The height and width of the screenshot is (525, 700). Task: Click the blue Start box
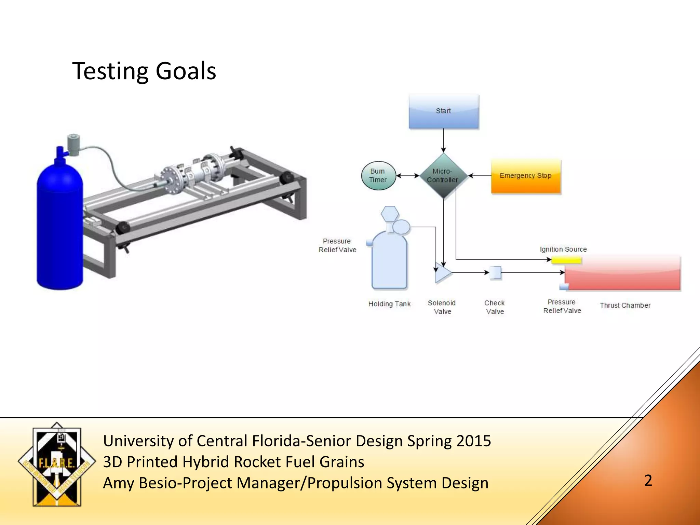coord(444,111)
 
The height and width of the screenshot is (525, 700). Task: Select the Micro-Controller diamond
coord(443,176)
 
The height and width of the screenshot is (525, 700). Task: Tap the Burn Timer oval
coord(378,176)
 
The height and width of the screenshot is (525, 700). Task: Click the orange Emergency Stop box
coord(526,176)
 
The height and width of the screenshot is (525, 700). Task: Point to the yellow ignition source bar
coord(566,260)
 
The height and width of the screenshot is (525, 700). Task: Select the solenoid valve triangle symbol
coord(442,273)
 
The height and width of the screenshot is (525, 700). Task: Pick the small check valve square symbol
coord(495,273)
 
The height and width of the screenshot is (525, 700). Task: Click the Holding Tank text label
coord(389,304)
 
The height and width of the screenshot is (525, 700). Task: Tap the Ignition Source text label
coord(563,249)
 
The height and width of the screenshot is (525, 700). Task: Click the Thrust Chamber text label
coord(625,305)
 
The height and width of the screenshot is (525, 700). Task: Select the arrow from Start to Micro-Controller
coord(443,140)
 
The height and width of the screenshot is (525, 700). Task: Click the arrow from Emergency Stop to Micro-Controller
coord(479,176)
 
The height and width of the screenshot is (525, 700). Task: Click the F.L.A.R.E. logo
coord(57,464)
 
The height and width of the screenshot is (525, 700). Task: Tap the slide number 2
coord(648,480)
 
